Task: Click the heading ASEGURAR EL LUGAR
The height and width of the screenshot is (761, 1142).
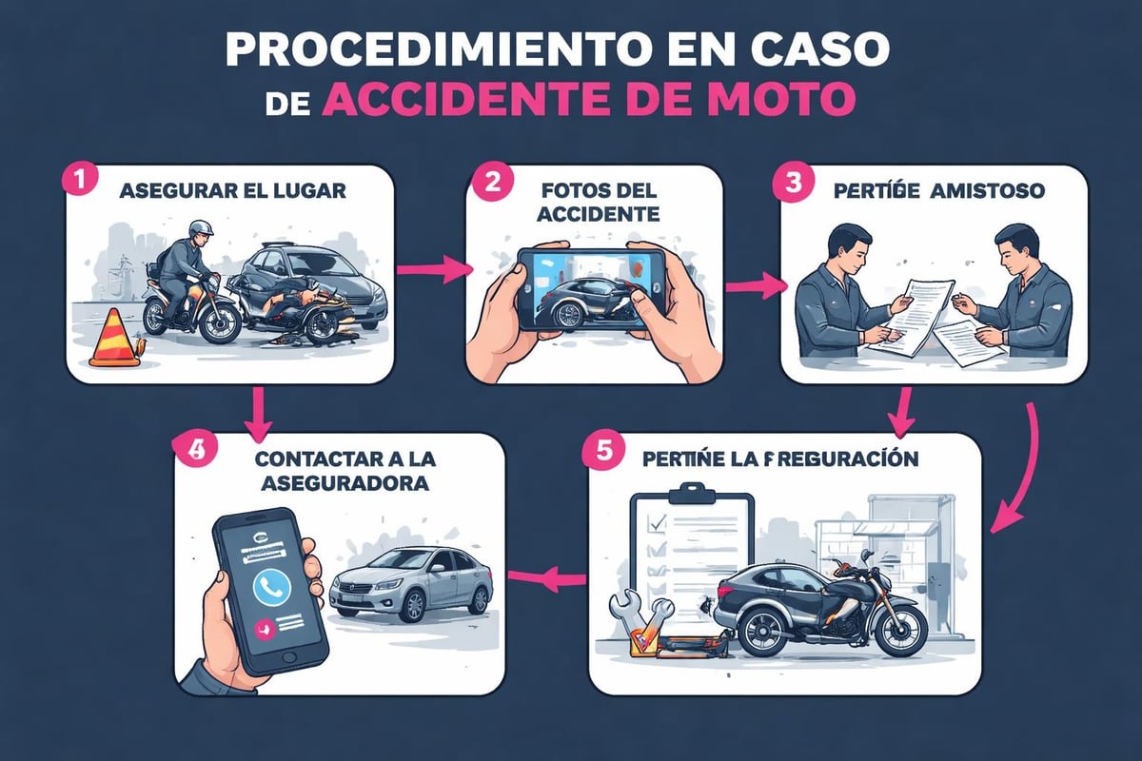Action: (x=232, y=189)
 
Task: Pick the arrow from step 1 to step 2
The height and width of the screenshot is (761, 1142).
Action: (x=432, y=270)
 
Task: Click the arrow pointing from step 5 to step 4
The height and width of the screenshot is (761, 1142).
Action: (x=546, y=574)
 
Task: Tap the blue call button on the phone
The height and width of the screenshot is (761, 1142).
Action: (x=272, y=587)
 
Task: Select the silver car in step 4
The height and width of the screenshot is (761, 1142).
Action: (x=409, y=582)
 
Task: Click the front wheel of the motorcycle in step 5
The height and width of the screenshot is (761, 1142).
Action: (x=897, y=629)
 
